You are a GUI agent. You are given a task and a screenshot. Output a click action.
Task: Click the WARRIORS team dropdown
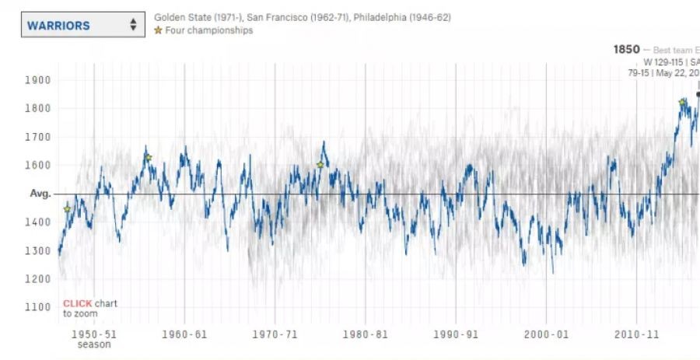[x=82, y=25]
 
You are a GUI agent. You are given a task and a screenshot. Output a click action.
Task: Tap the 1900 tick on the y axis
[x=37, y=80]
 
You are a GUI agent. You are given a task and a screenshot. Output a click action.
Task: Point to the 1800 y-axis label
[x=37, y=108]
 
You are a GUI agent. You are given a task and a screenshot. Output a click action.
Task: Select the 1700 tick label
[x=37, y=137]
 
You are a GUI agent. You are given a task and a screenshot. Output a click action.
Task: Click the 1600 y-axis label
[x=37, y=165]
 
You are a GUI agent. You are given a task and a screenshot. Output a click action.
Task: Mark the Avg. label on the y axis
[x=40, y=194]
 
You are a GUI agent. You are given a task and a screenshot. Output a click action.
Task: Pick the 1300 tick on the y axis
[x=37, y=250]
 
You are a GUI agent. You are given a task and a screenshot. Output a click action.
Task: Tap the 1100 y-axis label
[x=37, y=307]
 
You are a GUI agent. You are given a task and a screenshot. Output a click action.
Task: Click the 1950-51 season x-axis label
[x=94, y=334]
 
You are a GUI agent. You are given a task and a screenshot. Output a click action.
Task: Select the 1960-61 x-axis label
[x=184, y=334]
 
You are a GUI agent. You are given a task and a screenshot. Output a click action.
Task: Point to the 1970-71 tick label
[x=275, y=334]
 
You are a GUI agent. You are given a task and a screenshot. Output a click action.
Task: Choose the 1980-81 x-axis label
[x=366, y=334]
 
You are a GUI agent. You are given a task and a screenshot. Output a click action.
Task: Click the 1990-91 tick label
[x=456, y=334]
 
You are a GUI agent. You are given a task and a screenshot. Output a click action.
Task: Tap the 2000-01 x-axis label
[x=546, y=334]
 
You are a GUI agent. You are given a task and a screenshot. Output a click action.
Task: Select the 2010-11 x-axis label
[x=637, y=334]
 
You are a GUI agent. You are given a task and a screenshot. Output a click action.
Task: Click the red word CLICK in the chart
[x=76, y=303]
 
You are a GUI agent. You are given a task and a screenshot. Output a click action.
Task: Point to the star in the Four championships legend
[x=159, y=31]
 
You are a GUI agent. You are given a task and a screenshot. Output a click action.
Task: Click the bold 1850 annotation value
[x=626, y=50]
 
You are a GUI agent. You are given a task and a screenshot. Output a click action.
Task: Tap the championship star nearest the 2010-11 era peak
[x=682, y=103]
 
